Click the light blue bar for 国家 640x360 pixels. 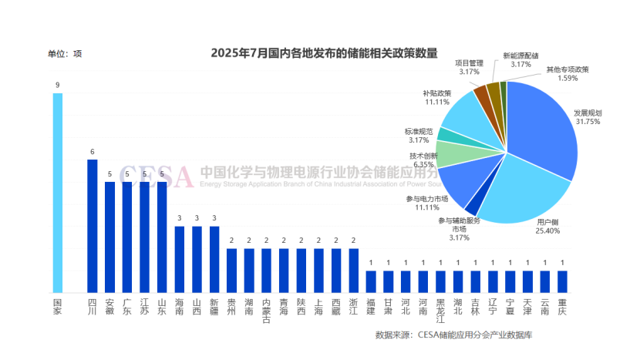point(57,193)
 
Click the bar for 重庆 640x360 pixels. point(562,281)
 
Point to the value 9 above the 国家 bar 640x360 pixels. point(57,85)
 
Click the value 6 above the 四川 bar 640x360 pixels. point(92,151)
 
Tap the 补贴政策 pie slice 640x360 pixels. point(463,112)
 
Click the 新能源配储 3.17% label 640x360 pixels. point(520,59)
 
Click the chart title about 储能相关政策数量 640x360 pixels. point(324,53)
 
